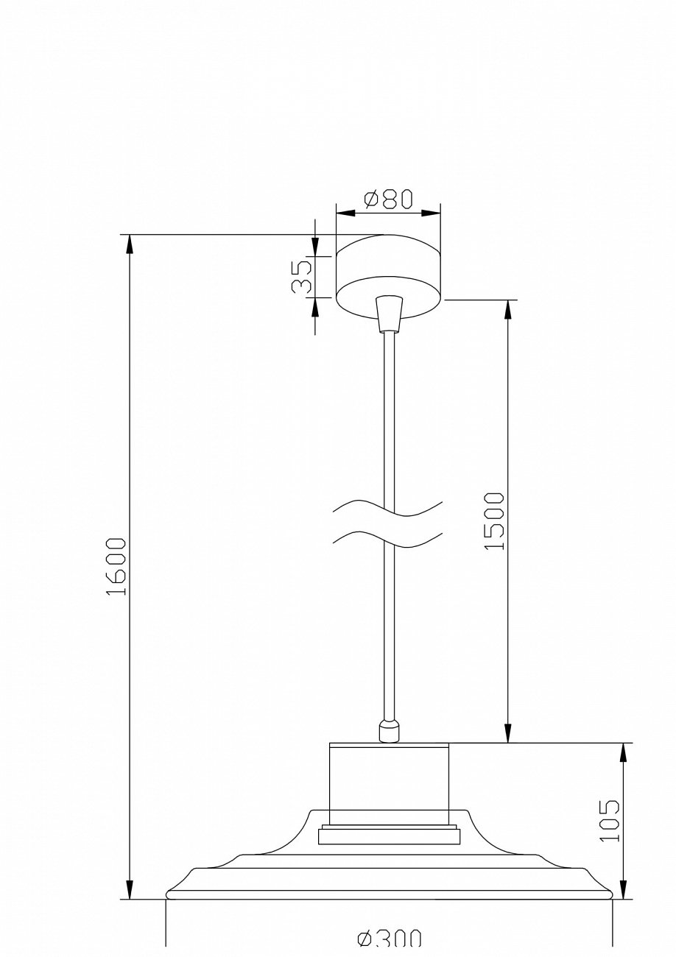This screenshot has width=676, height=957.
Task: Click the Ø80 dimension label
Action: (x=388, y=199)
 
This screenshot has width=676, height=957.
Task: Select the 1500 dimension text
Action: (x=495, y=520)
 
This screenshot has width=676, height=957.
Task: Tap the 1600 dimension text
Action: (x=116, y=567)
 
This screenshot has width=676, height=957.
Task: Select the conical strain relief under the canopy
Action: (x=388, y=314)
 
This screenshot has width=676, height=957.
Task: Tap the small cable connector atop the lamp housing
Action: (x=388, y=731)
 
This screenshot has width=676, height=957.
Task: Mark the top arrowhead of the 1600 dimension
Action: (x=130, y=244)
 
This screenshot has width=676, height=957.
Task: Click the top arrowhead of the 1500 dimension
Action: (x=507, y=309)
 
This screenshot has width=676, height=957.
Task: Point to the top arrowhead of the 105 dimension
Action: (x=624, y=752)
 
